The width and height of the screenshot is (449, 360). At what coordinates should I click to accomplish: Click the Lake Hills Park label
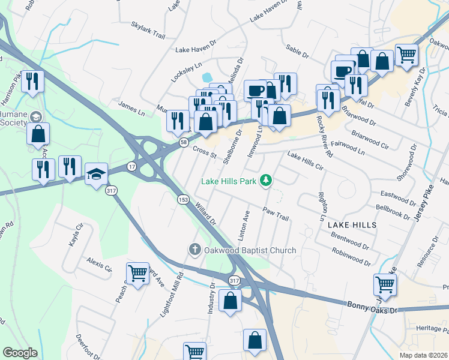pos(228,181)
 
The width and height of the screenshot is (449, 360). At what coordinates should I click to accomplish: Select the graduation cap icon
pos(96,174)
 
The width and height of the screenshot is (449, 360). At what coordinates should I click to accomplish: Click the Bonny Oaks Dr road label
pos(372,305)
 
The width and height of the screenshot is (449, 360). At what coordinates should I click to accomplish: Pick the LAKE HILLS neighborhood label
pos(352,224)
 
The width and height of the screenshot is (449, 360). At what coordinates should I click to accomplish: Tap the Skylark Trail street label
pos(148,31)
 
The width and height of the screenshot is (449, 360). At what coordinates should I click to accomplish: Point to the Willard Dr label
pos(205,212)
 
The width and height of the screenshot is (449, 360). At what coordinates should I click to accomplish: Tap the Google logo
pos(20,353)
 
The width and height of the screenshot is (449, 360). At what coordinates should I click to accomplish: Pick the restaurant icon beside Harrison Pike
pos(32,81)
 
